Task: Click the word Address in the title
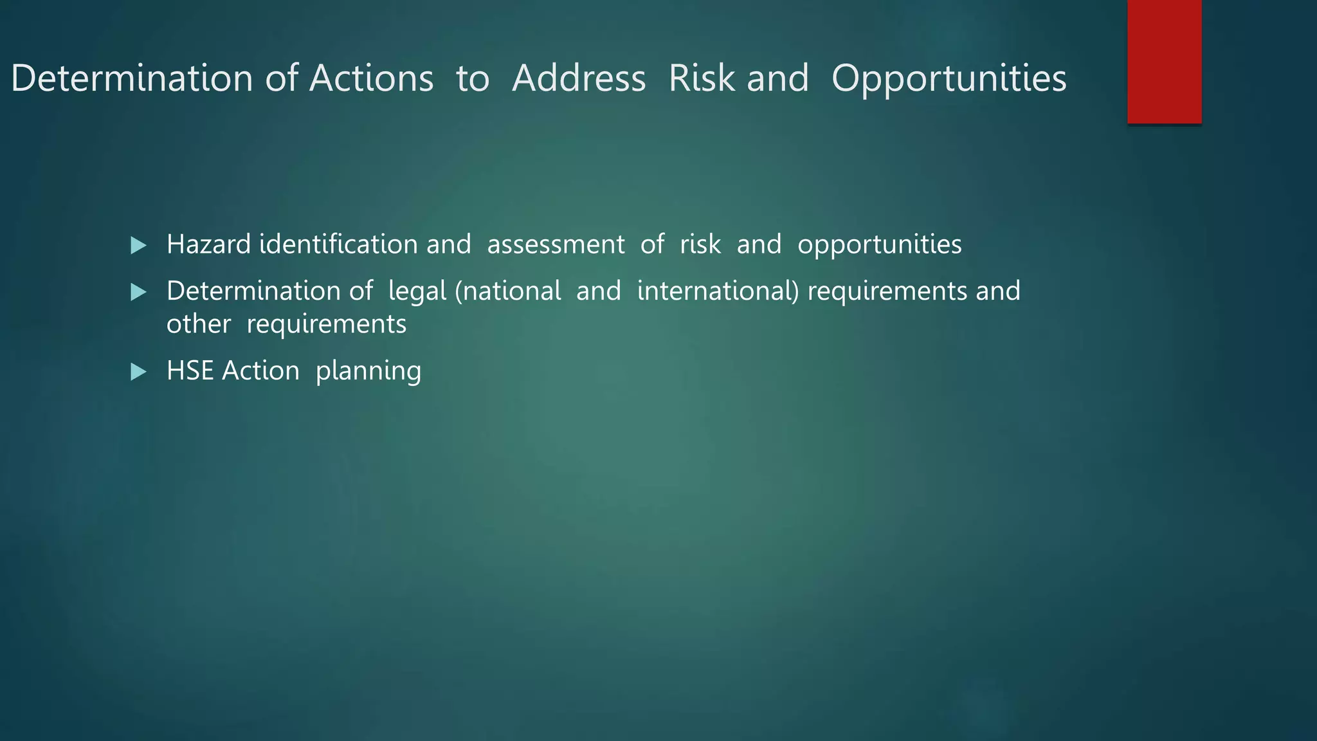click(x=579, y=78)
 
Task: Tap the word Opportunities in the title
click(x=949, y=80)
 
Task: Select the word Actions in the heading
click(x=371, y=78)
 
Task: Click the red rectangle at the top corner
click(x=1164, y=61)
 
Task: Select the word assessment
click(x=556, y=244)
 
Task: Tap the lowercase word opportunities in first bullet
click(x=879, y=246)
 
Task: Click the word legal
click(x=417, y=292)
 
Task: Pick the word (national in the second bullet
click(x=508, y=291)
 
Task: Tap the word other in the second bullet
click(x=198, y=324)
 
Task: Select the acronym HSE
click(x=190, y=371)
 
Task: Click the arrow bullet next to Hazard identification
click(x=138, y=245)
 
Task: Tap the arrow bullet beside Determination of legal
click(x=138, y=293)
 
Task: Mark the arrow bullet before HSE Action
click(x=138, y=372)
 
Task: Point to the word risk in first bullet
click(x=700, y=244)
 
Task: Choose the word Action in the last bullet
click(x=260, y=371)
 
